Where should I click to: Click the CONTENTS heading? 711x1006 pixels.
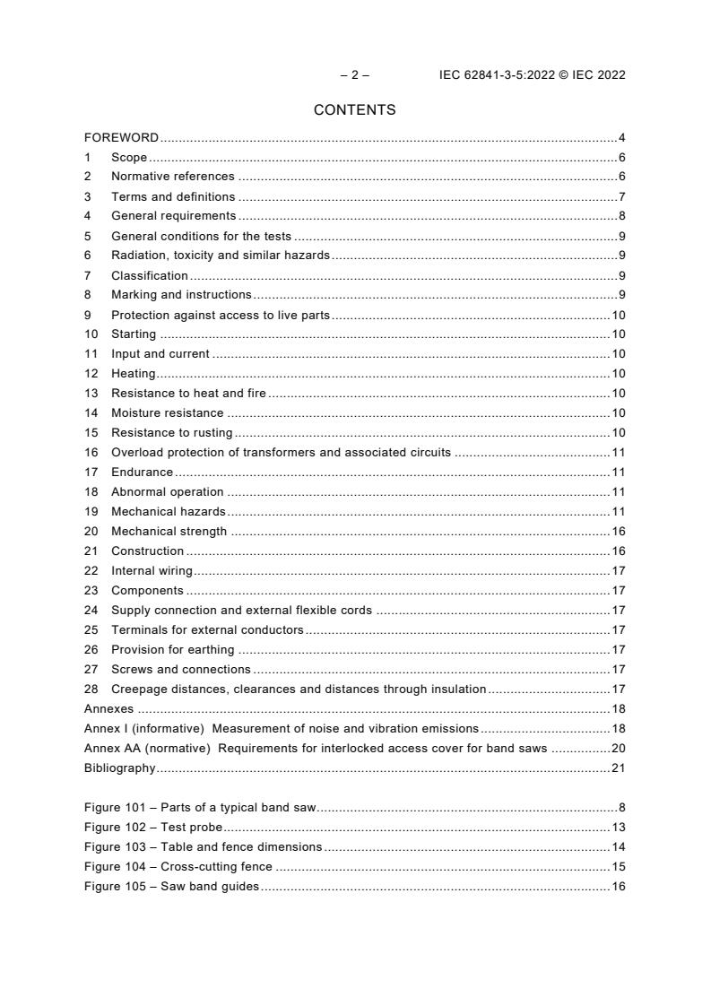click(x=355, y=110)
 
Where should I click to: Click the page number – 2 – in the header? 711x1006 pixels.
click(x=355, y=75)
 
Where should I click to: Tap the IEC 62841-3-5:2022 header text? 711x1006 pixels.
click(x=532, y=75)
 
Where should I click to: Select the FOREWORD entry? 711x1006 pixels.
click(x=121, y=138)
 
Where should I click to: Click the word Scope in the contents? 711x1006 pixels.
click(x=129, y=158)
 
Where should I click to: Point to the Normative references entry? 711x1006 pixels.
click(x=172, y=177)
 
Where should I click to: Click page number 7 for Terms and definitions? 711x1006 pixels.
click(x=621, y=196)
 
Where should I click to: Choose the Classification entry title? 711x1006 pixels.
click(x=149, y=275)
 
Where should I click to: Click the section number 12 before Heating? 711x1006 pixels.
click(x=91, y=374)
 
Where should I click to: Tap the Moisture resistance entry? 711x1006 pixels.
click(x=167, y=413)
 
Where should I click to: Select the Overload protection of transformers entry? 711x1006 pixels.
click(x=281, y=453)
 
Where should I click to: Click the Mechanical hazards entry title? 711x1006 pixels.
click(x=168, y=512)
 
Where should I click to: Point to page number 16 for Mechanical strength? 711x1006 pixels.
click(x=618, y=532)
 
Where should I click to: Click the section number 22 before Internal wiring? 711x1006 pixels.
click(x=91, y=571)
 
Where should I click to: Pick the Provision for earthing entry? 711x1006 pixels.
click(x=172, y=650)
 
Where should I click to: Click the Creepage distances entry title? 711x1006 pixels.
click(x=299, y=689)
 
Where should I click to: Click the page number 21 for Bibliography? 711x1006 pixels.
click(x=618, y=768)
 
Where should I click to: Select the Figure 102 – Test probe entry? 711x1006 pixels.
click(x=153, y=828)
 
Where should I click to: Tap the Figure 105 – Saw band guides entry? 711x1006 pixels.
click(x=171, y=887)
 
